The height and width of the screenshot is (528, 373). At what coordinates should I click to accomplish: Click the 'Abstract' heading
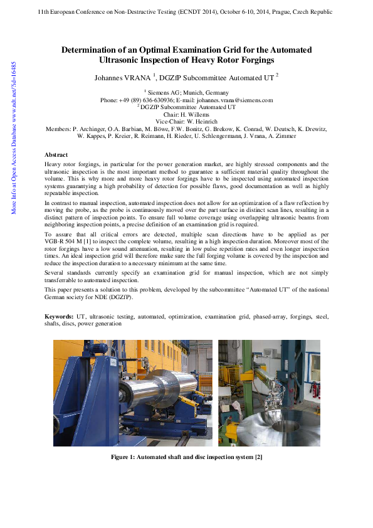(56, 154)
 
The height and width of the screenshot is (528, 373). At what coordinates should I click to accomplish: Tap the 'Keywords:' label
(60, 318)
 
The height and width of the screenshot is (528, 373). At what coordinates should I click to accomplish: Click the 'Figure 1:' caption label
(127, 457)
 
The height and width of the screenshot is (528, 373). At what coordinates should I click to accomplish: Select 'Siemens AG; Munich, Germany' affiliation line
(188, 93)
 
